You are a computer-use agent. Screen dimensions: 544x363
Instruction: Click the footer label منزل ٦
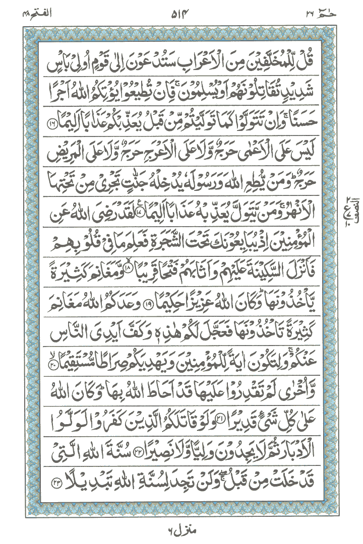pos(181,531)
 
